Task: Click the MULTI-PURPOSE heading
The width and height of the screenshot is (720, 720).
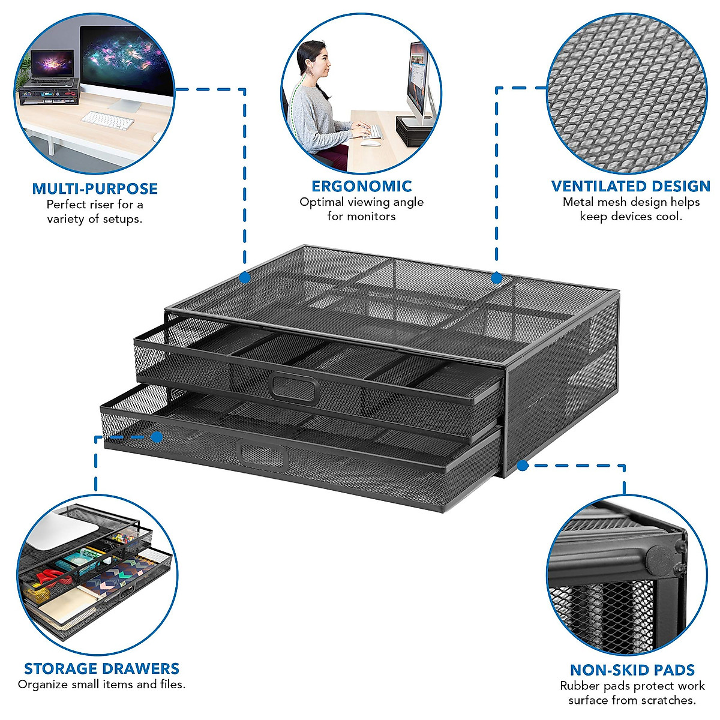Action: [x=95, y=188]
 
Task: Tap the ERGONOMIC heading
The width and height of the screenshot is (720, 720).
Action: [x=361, y=186]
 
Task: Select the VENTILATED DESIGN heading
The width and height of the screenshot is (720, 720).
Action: [x=631, y=186]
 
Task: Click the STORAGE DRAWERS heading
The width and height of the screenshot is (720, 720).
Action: [x=101, y=668]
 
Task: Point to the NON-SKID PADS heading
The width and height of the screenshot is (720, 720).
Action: [x=632, y=670]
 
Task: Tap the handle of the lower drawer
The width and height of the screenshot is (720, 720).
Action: [x=264, y=454]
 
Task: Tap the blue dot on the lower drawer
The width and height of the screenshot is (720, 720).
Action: [x=157, y=437]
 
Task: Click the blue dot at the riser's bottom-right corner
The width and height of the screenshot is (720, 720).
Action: [x=523, y=465]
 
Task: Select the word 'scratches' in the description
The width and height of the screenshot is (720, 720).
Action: [x=666, y=700]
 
